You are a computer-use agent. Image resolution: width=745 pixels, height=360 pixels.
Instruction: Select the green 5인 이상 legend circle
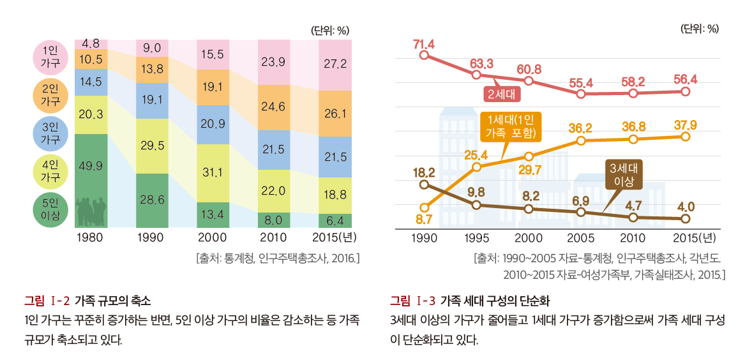click(50, 210)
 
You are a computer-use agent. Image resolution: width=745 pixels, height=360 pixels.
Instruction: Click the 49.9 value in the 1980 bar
click(91, 166)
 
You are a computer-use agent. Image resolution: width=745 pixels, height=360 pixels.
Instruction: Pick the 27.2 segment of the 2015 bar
click(335, 64)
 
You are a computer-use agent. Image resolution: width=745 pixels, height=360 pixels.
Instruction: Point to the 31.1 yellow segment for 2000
click(213, 172)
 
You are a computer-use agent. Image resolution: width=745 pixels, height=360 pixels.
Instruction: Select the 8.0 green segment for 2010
click(274, 220)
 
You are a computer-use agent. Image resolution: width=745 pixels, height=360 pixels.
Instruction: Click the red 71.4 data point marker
click(424, 56)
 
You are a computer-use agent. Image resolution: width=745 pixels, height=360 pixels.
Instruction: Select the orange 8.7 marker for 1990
click(424, 207)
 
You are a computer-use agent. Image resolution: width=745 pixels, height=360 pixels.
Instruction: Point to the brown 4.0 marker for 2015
click(685, 219)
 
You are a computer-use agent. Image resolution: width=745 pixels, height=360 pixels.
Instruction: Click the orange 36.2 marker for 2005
click(581, 140)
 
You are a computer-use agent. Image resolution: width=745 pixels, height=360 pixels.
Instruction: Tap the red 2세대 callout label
click(503, 94)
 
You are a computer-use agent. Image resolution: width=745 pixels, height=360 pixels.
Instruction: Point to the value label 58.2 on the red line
click(633, 82)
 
